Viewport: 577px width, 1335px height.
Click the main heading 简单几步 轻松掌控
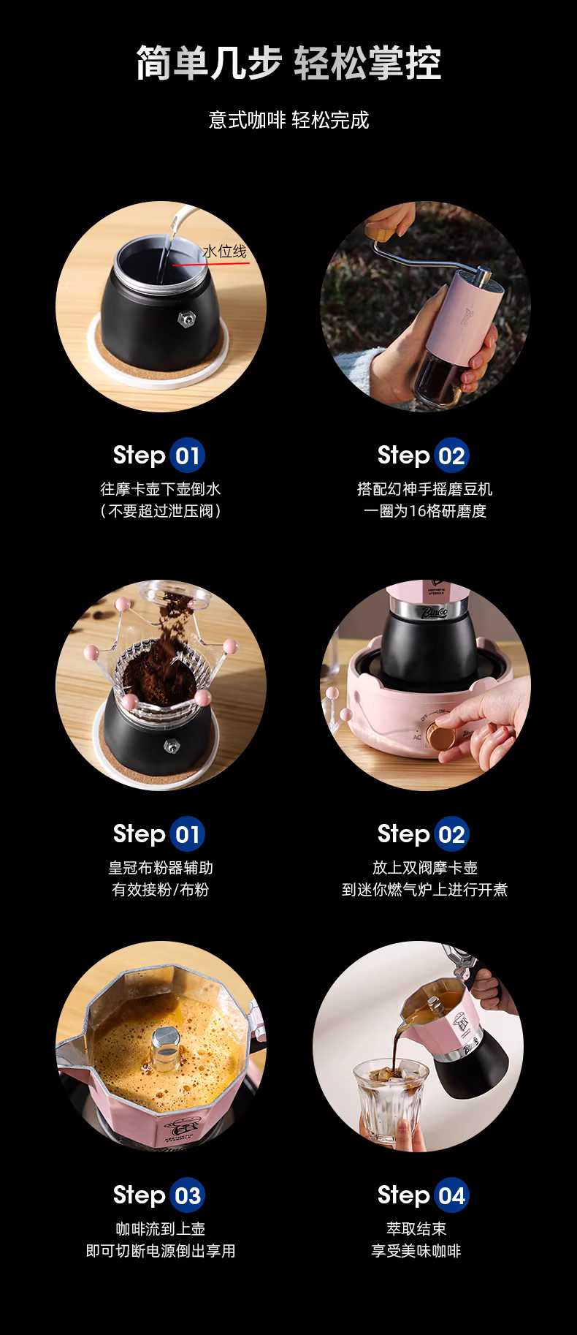288,63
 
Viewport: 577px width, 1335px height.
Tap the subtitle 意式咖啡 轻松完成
288,120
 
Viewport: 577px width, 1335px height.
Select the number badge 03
188,1196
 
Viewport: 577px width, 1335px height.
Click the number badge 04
452,1196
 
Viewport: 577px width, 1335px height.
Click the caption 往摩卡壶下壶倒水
161,489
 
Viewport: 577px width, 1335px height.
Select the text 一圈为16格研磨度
425,511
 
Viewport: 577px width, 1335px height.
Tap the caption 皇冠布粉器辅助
161,868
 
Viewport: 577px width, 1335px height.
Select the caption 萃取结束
416,1230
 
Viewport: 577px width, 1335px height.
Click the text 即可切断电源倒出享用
161,1252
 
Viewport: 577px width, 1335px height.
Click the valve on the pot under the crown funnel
172,745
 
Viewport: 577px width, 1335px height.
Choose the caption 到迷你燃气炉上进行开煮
425,890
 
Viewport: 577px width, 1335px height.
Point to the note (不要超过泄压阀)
161,511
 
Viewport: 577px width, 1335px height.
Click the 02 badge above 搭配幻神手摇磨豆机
452,456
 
